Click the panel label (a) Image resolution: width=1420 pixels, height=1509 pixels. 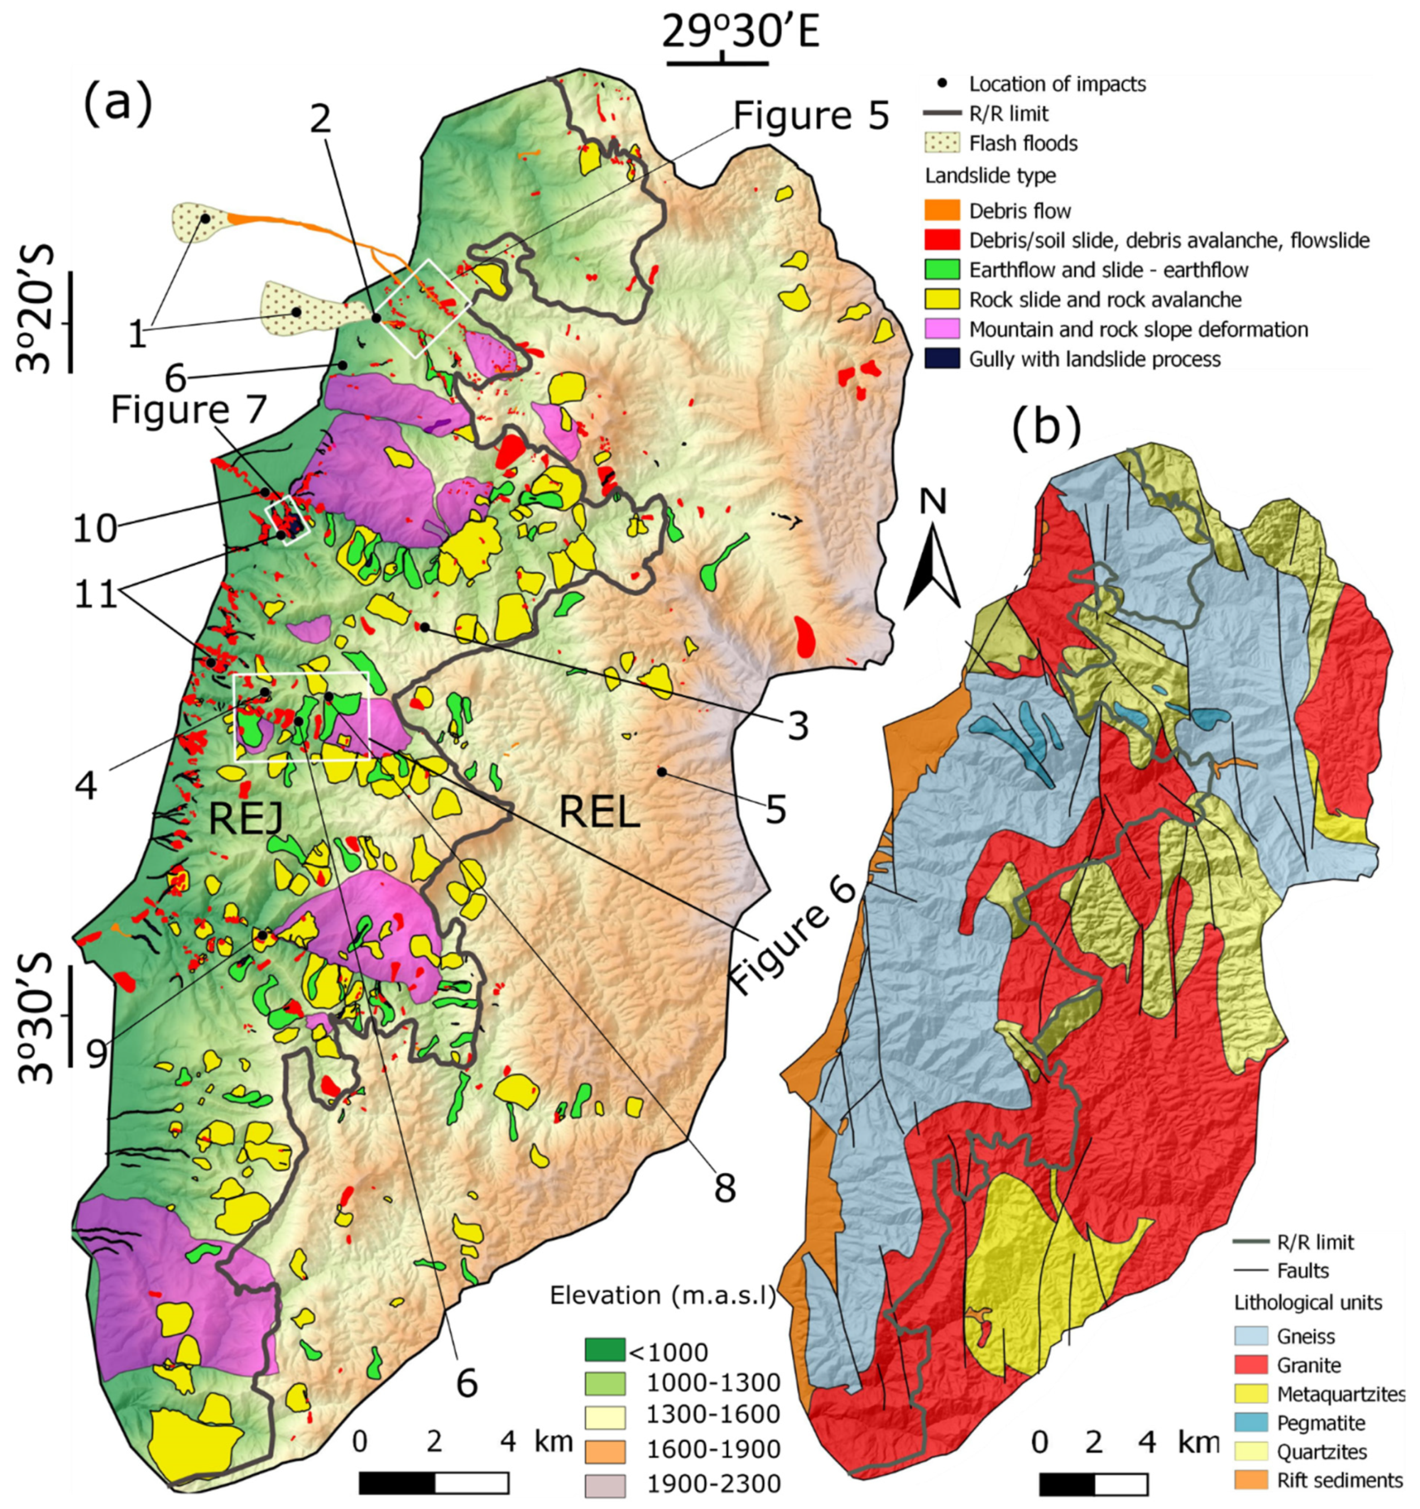[x=119, y=105]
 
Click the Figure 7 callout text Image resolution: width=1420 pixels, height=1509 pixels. [x=189, y=410]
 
